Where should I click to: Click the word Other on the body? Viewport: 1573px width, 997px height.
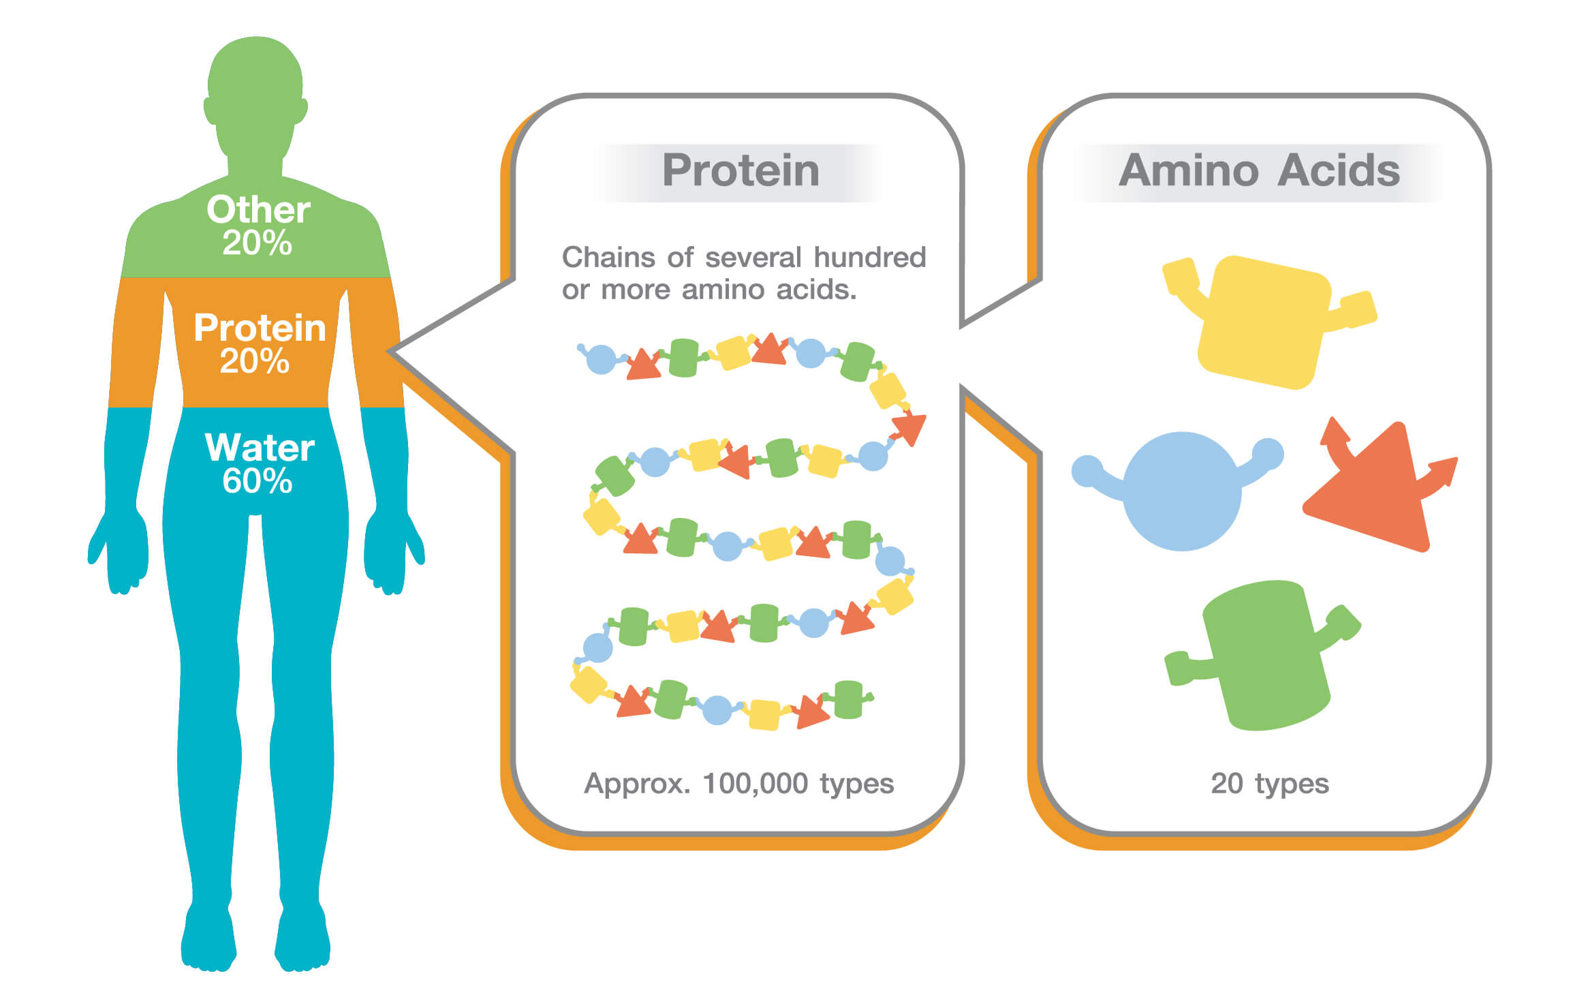pos(258,209)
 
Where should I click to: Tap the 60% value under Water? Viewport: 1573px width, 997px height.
pos(257,481)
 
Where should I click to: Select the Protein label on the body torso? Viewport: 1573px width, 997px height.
pos(260,328)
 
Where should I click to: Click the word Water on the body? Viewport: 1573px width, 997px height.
pos(260,448)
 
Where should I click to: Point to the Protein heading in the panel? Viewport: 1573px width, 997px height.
pos(741,170)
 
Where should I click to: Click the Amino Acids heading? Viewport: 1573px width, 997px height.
pos(1259,170)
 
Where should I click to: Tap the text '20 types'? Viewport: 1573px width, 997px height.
pos(1270,784)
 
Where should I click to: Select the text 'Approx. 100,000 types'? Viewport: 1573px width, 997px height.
pos(739,784)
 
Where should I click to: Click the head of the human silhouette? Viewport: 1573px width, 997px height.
pos(255,95)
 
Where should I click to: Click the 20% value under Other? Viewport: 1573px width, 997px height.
pos(257,243)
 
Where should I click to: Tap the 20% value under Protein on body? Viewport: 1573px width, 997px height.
pos(254,361)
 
